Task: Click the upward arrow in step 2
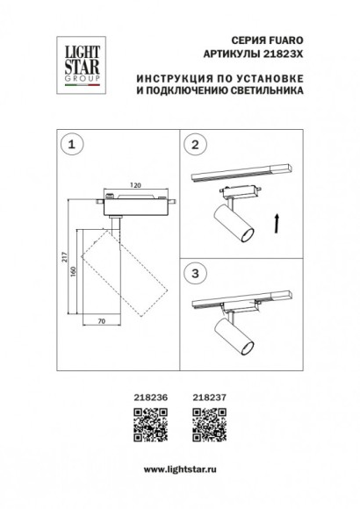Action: (277, 226)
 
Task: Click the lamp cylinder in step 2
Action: (233, 225)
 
